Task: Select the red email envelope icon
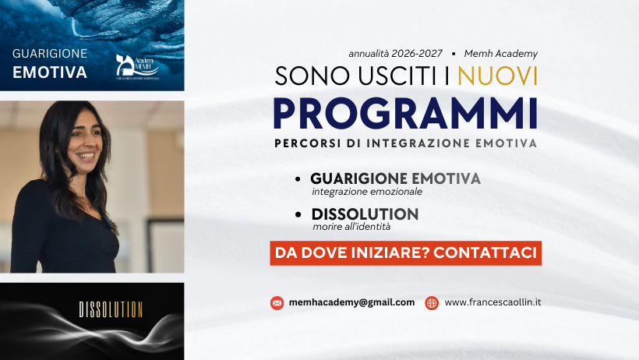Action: click(x=277, y=303)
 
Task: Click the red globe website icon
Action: click(x=432, y=303)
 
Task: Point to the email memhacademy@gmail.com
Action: click(x=351, y=302)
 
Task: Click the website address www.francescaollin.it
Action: click(x=492, y=302)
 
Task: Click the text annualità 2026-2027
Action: click(x=396, y=54)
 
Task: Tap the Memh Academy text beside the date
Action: click(x=501, y=54)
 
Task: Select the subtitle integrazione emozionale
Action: click(x=356, y=192)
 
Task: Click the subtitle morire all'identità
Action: click(x=351, y=227)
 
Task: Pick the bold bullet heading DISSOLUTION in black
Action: click(x=365, y=214)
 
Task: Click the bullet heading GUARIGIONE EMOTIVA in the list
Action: click(x=395, y=178)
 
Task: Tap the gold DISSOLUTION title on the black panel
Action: click(x=111, y=309)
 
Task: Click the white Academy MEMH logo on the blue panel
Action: click(x=137, y=68)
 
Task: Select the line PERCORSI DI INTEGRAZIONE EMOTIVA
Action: click(x=405, y=143)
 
